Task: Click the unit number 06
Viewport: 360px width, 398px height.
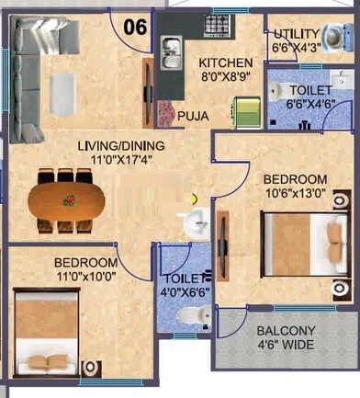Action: (x=136, y=27)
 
